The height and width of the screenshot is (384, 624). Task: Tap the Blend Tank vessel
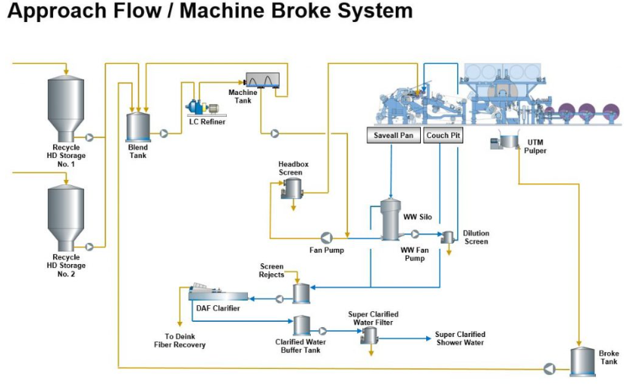click(138, 126)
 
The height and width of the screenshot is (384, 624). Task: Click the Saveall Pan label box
click(392, 136)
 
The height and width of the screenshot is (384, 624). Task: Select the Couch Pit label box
click(442, 136)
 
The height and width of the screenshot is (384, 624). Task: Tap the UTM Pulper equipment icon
click(504, 140)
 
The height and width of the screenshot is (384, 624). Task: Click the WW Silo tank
click(390, 220)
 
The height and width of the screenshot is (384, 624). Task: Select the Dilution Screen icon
click(448, 238)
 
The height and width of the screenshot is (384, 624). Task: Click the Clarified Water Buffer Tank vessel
click(301, 326)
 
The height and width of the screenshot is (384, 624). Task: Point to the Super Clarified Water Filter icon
click(370, 336)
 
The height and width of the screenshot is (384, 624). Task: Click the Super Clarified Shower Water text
click(459, 338)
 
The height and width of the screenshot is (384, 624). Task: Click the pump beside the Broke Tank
click(547, 368)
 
